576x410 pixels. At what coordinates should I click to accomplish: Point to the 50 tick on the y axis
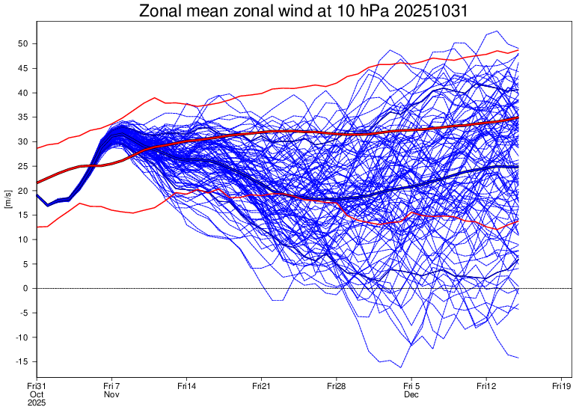23,44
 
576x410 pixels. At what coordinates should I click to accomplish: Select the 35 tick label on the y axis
23,117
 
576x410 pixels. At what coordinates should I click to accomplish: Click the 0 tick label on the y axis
26,289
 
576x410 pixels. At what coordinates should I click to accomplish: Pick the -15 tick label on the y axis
22,362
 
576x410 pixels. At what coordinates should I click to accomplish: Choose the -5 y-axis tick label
23,313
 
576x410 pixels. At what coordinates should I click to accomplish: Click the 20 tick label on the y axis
23,191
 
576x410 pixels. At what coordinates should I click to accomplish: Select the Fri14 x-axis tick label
186,385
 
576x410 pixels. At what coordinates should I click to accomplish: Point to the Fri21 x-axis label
261,385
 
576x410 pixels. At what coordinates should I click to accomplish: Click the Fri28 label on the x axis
336,385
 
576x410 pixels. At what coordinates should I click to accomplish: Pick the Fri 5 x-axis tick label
411,385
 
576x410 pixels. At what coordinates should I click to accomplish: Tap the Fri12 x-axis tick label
486,385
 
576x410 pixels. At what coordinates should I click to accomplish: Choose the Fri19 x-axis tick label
561,385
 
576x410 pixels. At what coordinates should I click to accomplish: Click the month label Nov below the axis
111,394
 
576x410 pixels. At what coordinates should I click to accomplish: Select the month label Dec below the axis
411,394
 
